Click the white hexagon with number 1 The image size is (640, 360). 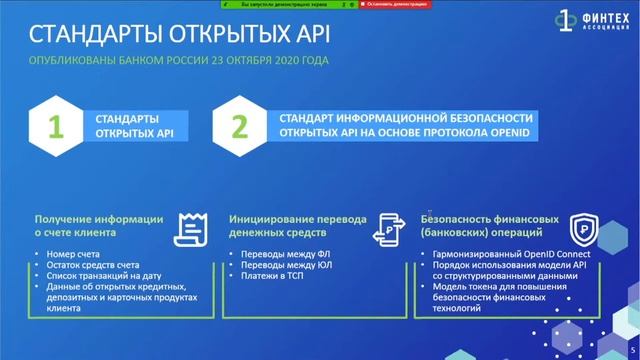click(x=57, y=128)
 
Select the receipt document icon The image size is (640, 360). click(x=193, y=227)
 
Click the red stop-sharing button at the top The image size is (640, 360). click(x=393, y=4)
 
